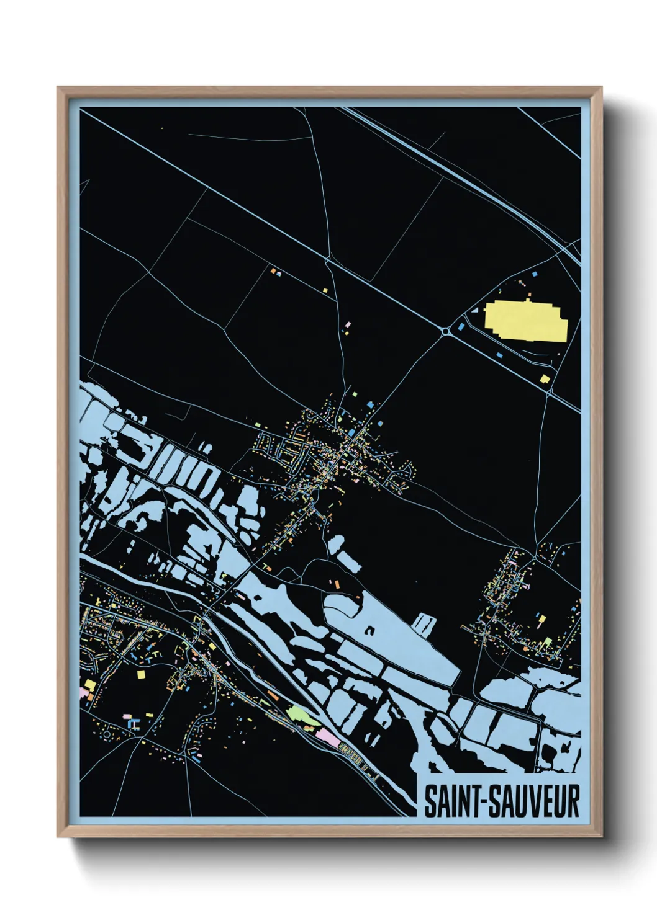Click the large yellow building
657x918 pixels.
click(525, 321)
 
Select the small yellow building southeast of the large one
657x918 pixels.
click(545, 378)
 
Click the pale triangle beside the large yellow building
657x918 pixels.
click(474, 309)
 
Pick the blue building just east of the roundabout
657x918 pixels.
click(461, 325)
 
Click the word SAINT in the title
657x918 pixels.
click(452, 801)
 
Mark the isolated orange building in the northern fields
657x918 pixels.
click(272, 270)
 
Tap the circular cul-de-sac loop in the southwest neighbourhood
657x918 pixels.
click(107, 735)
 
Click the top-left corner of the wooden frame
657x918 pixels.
click(58, 88)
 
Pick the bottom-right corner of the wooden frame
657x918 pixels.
click(601, 836)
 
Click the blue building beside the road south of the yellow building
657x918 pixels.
click(499, 355)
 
